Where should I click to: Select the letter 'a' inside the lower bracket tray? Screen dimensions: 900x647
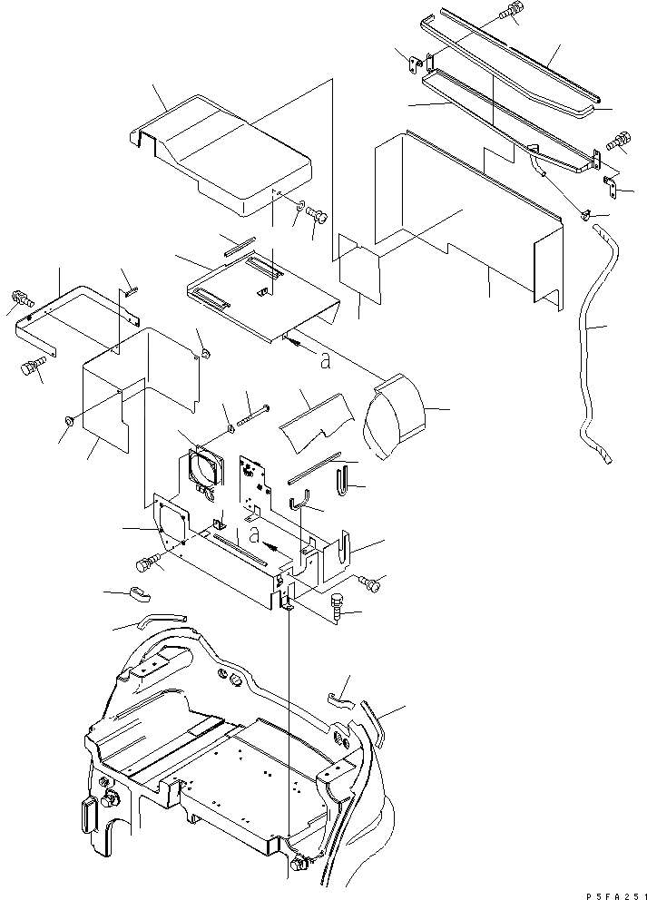point(256,534)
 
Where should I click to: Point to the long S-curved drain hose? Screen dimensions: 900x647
point(591,345)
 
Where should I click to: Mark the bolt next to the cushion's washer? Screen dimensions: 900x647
point(318,216)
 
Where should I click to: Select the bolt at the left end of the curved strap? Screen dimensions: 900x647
point(20,298)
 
